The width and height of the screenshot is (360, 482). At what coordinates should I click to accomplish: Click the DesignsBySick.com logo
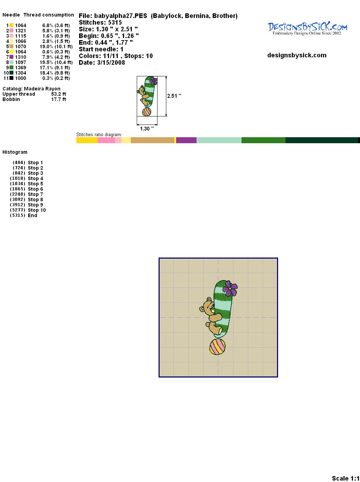click(x=307, y=28)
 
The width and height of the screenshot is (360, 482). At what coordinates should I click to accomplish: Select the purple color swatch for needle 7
click(x=11, y=57)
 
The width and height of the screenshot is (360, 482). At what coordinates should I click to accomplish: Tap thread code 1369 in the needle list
click(x=21, y=68)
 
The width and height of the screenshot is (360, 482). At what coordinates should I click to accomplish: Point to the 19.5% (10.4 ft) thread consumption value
click(x=56, y=62)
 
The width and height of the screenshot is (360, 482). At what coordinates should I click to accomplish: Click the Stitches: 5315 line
click(x=100, y=23)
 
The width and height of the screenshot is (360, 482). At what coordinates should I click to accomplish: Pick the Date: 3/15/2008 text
click(x=102, y=63)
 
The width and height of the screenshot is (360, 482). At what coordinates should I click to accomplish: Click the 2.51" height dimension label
click(x=174, y=96)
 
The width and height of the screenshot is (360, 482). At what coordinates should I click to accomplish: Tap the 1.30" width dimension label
click(x=147, y=129)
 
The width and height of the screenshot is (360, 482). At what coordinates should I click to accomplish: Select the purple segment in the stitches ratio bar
click(x=186, y=140)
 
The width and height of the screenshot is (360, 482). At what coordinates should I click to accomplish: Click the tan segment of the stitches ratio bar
click(x=153, y=140)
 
